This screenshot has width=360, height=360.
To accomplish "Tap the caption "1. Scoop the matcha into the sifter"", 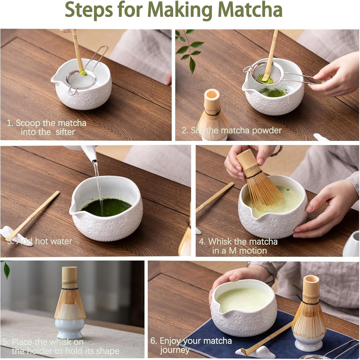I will click(x=47, y=127).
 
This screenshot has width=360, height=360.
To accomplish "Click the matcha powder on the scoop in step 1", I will click(x=83, y=72).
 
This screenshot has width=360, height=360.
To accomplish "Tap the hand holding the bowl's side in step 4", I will click(x=323, y=211).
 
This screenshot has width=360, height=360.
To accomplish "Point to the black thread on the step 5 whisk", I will click(x=70, y=289).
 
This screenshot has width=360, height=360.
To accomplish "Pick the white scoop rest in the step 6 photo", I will click(x=257, y=352).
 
